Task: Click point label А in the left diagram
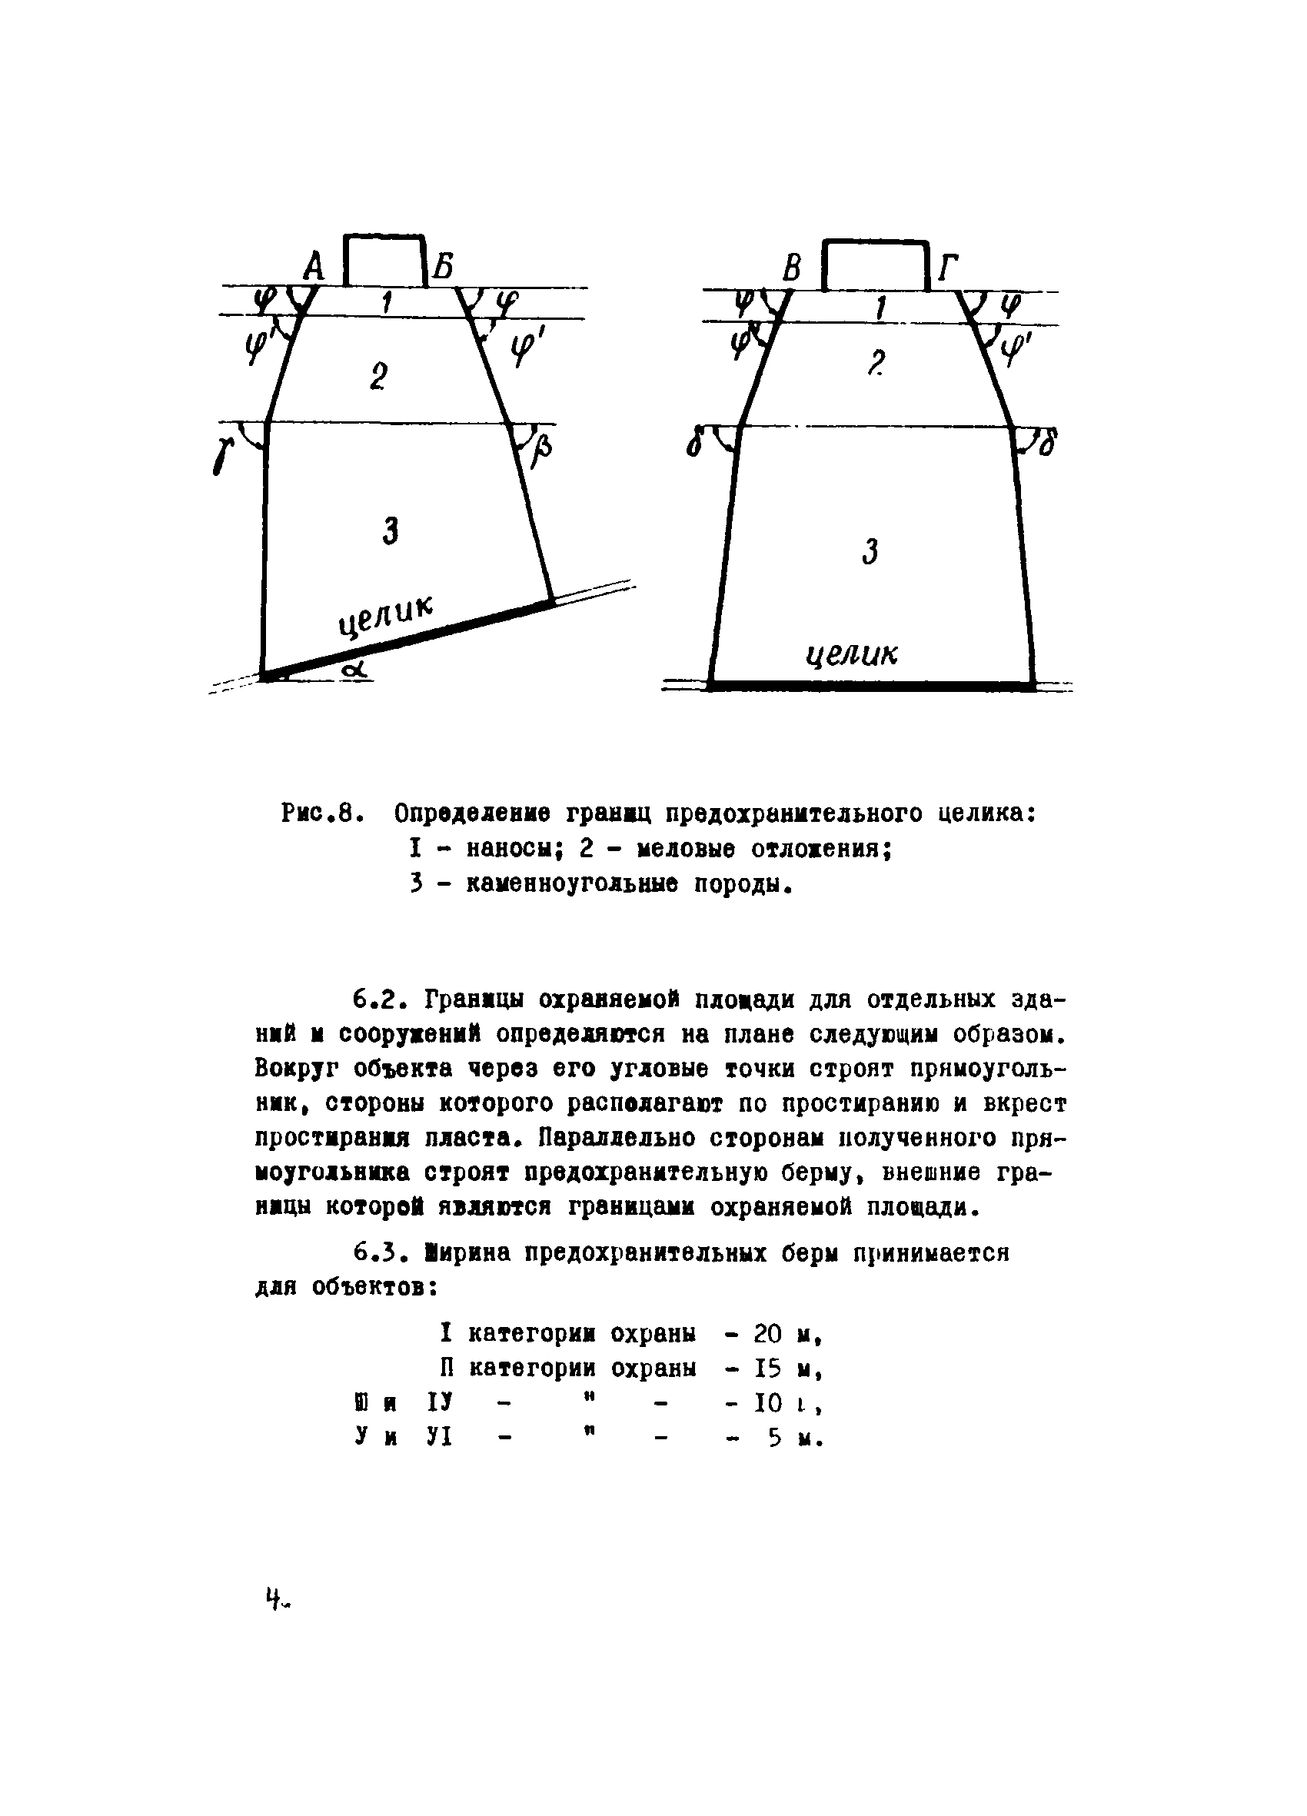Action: pos(314,267)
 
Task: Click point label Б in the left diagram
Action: pos(443,266)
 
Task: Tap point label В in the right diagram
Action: pos(792,268)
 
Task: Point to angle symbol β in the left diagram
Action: pos(544,459)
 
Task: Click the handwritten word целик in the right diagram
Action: pos(851,656)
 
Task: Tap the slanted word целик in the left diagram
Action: pos(384,617)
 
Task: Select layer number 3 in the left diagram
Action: pos(391,530)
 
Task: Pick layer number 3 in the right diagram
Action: pos(870,552)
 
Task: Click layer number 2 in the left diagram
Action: pos(379,375)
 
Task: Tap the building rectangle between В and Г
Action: pos(876,265)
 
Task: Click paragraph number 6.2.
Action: pos(381,1001)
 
